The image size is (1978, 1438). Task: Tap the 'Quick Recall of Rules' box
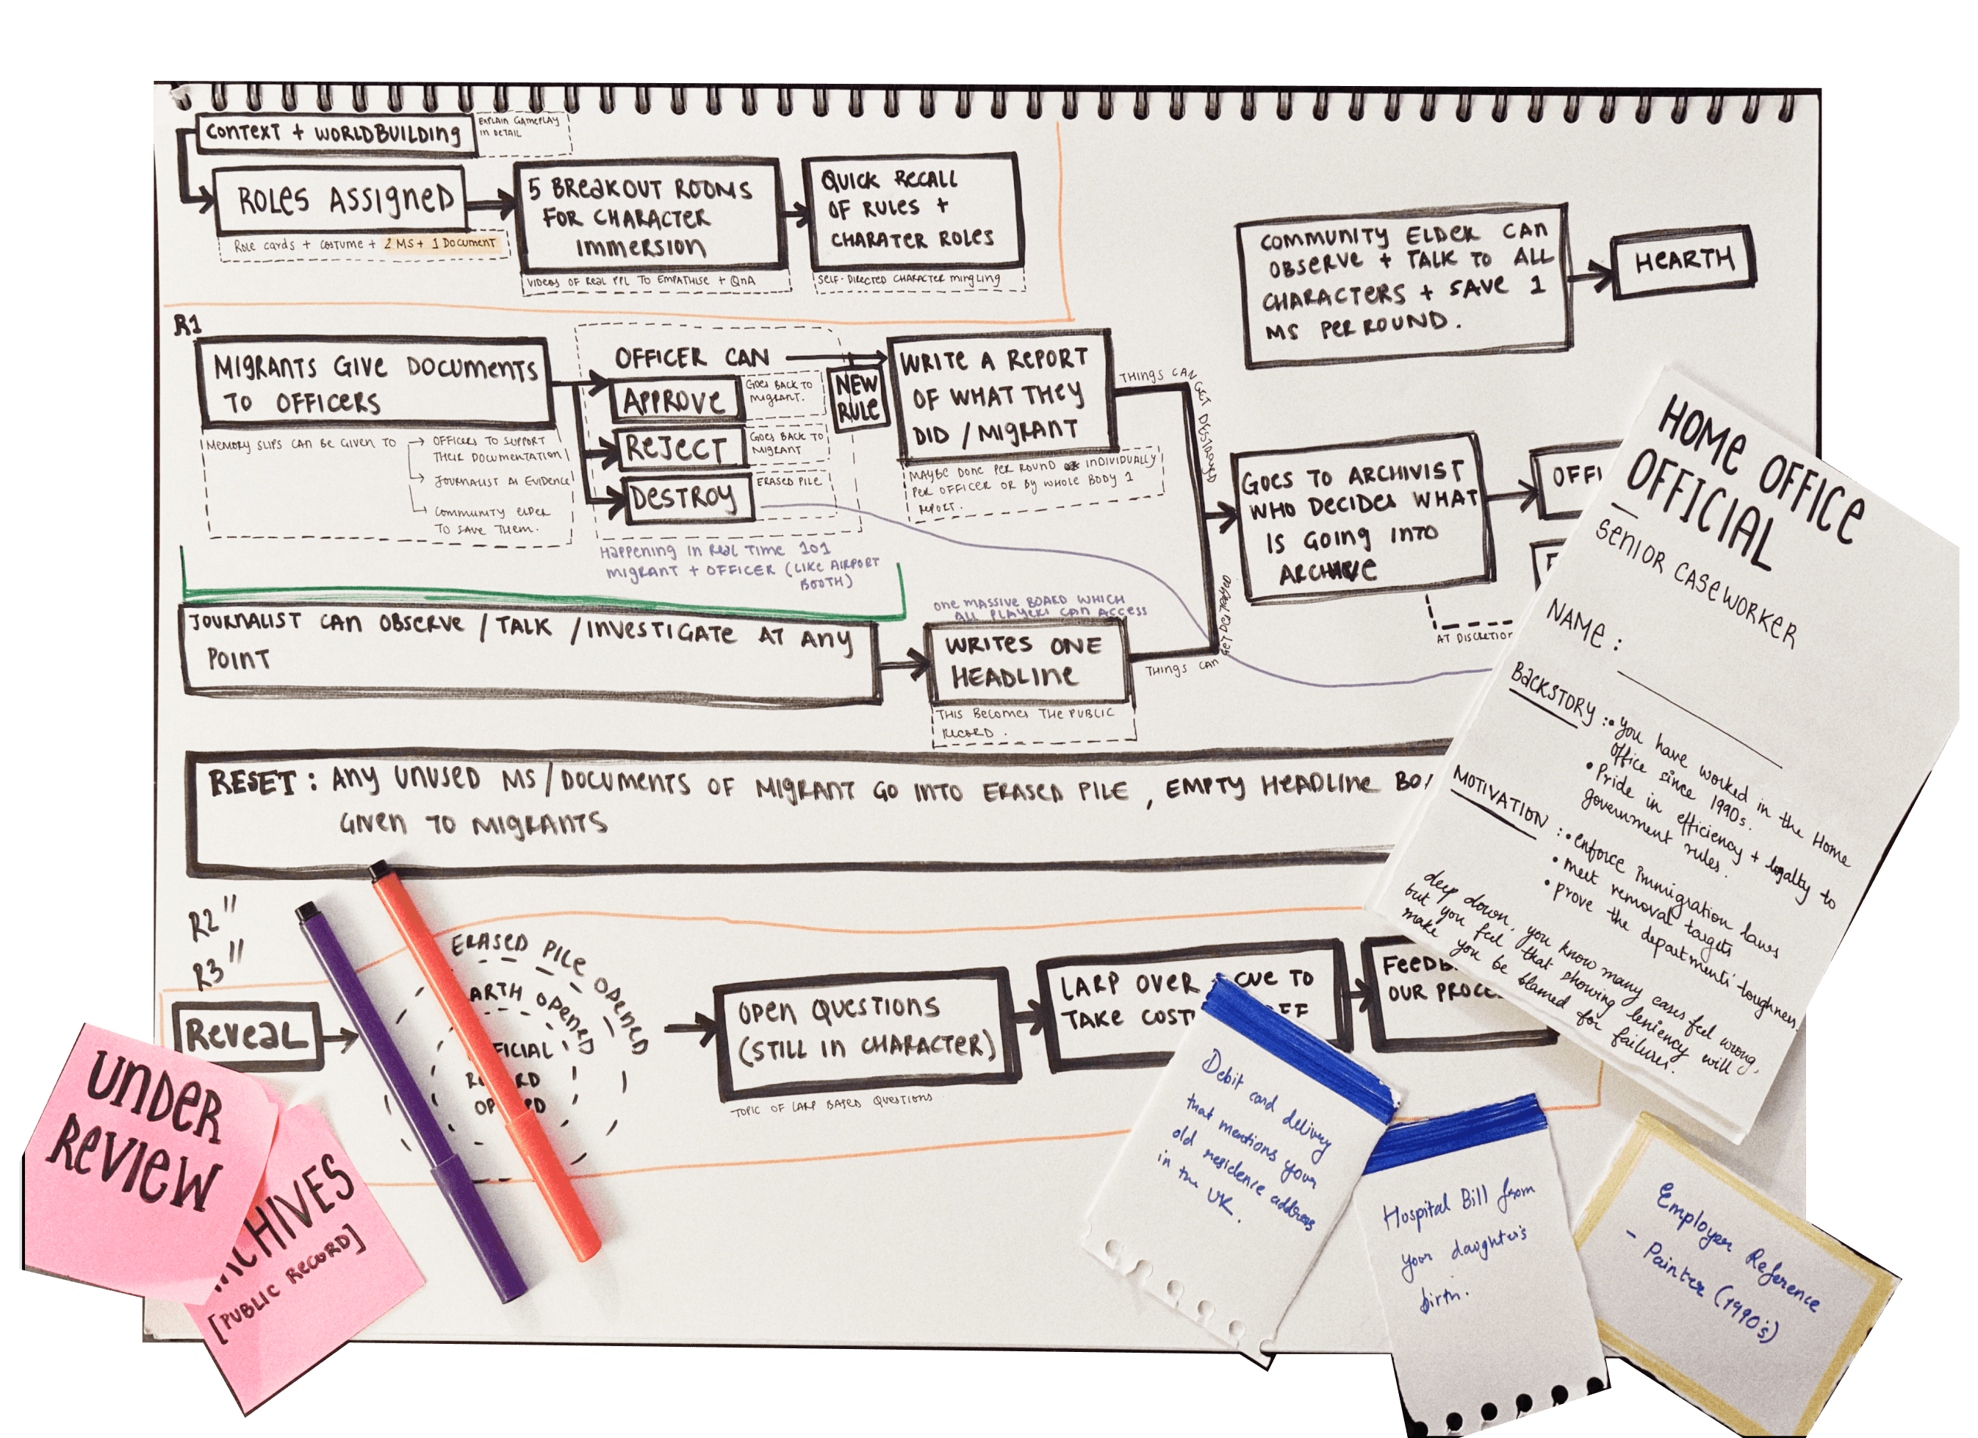pos(913,211)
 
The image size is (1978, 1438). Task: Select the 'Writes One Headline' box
pos(1026,662)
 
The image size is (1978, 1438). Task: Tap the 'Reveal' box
pos(247,1036)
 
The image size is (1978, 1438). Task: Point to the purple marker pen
pos(410,1099)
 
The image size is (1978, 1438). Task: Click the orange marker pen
pos(484,1056)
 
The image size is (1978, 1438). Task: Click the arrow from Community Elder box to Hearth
pos(1590,276)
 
